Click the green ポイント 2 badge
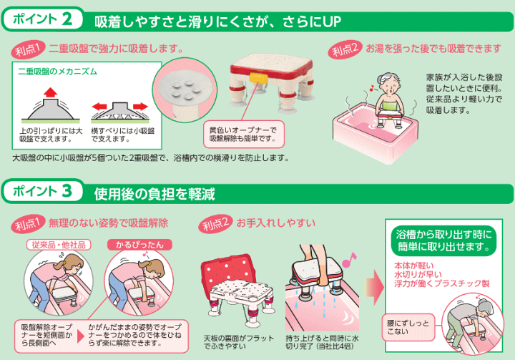pos(44,19)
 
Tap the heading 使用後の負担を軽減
pos(154,193)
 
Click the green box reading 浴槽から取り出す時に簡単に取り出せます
pos(443,243)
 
